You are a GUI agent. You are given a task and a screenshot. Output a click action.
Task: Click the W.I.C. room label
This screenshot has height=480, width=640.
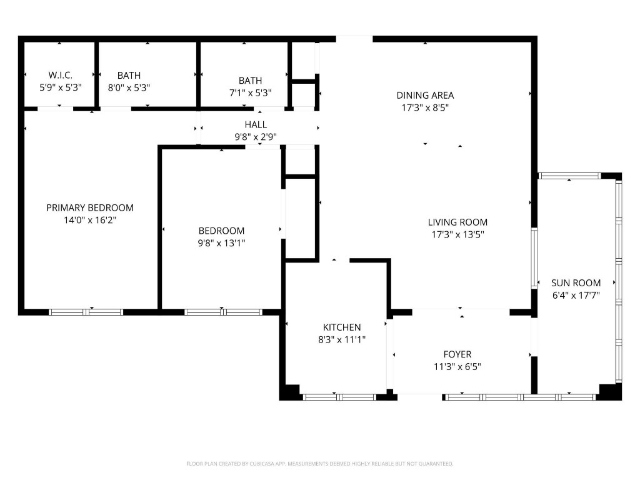[x=61, y=75]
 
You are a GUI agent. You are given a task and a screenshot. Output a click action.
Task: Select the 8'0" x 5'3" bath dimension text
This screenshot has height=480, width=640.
[x=129, y=88]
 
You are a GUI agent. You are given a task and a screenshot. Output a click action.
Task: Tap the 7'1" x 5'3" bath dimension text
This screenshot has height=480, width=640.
[x=250, y=93]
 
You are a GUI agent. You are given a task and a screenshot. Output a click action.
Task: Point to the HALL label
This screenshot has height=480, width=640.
[x=256, y=124]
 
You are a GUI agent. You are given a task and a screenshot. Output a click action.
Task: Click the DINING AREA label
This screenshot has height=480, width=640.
[x=425, y=95]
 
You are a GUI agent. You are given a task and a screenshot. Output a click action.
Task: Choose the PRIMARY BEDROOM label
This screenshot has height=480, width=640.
[x=90, y=207]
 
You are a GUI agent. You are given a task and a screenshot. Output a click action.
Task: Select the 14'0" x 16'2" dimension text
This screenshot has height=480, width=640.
[x=90, y=220]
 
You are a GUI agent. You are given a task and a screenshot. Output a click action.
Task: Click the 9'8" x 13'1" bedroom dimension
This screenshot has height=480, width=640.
[x=221, y=243]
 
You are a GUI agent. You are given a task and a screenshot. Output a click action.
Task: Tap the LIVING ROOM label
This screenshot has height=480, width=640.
[x=457, y=222]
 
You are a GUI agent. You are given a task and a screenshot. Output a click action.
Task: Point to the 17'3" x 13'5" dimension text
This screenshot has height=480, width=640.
[x=457, y=234]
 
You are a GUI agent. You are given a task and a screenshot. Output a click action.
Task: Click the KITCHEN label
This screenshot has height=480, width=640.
[x=341, y=327]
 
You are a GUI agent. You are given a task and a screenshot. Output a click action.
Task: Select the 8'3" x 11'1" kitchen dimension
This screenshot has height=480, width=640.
[x=341, y=339]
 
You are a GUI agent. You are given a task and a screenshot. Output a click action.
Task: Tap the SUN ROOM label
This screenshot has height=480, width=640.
[x=576, y=282]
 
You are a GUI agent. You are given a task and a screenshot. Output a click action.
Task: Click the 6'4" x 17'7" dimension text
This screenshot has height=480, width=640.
[x=576, y=295]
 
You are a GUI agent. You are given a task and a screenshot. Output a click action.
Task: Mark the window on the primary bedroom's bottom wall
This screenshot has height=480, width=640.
[x=86, y=311]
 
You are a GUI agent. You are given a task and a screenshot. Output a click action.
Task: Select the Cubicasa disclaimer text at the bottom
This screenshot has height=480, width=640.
[x=319, y=464]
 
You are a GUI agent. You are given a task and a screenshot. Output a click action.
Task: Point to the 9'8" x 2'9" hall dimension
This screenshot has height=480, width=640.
[x=256, y=136]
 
